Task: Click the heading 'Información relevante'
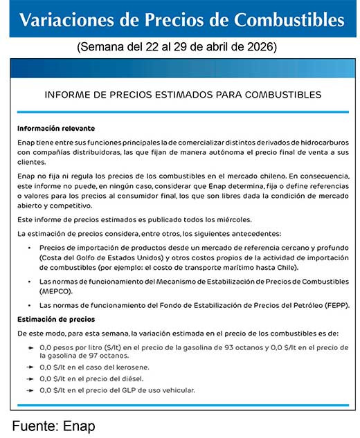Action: pos(56,129)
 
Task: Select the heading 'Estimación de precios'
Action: pos(56,319)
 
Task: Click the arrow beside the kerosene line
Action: pos(30,367)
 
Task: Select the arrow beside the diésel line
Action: pos(30,378)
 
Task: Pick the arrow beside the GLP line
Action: pos(30,390)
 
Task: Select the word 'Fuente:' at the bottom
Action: pos(34,426)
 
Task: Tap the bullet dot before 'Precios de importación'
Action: pos(29,248)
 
